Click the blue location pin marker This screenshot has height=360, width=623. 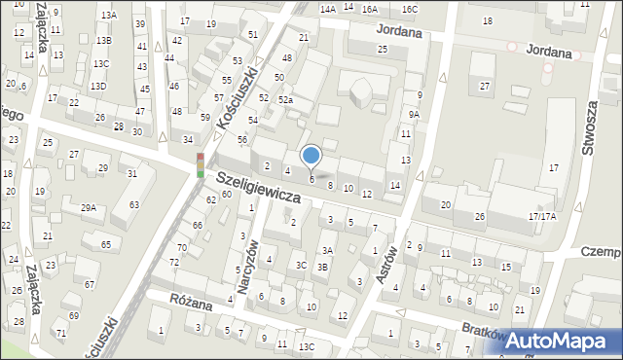tap(311, 156)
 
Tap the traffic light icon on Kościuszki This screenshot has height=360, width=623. tap(201, 164)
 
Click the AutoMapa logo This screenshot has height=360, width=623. tap(561, 342)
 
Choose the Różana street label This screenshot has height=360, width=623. tap(191, 304)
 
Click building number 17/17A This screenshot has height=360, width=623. tap(541, 216)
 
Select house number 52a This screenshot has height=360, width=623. tap(285, 100)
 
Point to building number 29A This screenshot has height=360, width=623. tap(89, 208)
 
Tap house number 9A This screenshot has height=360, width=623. tap(414, 115)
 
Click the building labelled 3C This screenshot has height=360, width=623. tap(302, 265)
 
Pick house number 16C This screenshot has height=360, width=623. tap(409, 9)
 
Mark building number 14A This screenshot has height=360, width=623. tap(327, 9)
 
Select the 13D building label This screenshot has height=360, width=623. tap(98, 86)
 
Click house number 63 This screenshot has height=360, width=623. tap(133, 204)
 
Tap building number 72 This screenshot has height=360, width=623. tap(174, 263)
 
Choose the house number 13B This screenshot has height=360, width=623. tap(103, 40)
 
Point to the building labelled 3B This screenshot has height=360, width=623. tap(322, 267)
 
